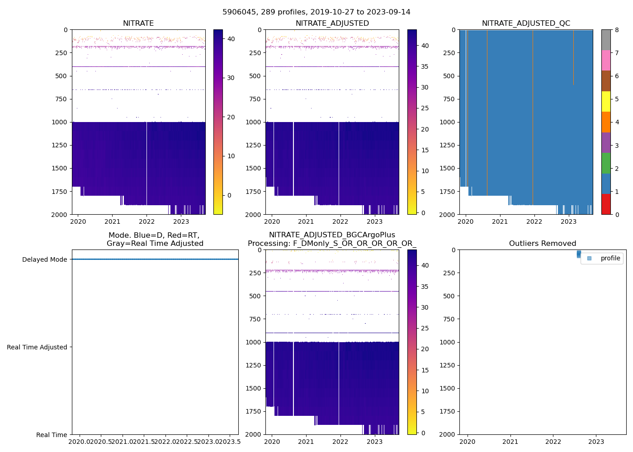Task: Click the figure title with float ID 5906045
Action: [316, 12]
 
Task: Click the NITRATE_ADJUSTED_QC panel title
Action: [526, 24]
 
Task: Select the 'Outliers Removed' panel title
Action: [543, 244]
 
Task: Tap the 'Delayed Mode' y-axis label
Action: [44, 259]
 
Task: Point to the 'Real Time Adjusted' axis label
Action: [37, 347]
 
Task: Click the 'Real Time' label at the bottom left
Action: [52, 435]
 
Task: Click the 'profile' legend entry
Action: [610, 258]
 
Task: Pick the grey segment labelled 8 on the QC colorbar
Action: [606, 40]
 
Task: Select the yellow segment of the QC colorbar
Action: [606, 101]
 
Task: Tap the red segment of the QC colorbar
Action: [606, 204]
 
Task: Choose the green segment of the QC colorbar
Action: [606, 163]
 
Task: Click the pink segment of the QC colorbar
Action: [606, 61]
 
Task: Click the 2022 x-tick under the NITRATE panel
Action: [147, 221]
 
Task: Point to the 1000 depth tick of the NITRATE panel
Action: [59, 122]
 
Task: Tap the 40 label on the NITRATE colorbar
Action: [231, 39]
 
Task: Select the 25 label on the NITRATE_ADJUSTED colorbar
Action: [425, 108]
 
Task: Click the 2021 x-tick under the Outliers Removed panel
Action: [510, 442]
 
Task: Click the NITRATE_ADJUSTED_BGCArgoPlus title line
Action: [332, 235]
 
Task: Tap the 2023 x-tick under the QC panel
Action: [569, 221]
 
